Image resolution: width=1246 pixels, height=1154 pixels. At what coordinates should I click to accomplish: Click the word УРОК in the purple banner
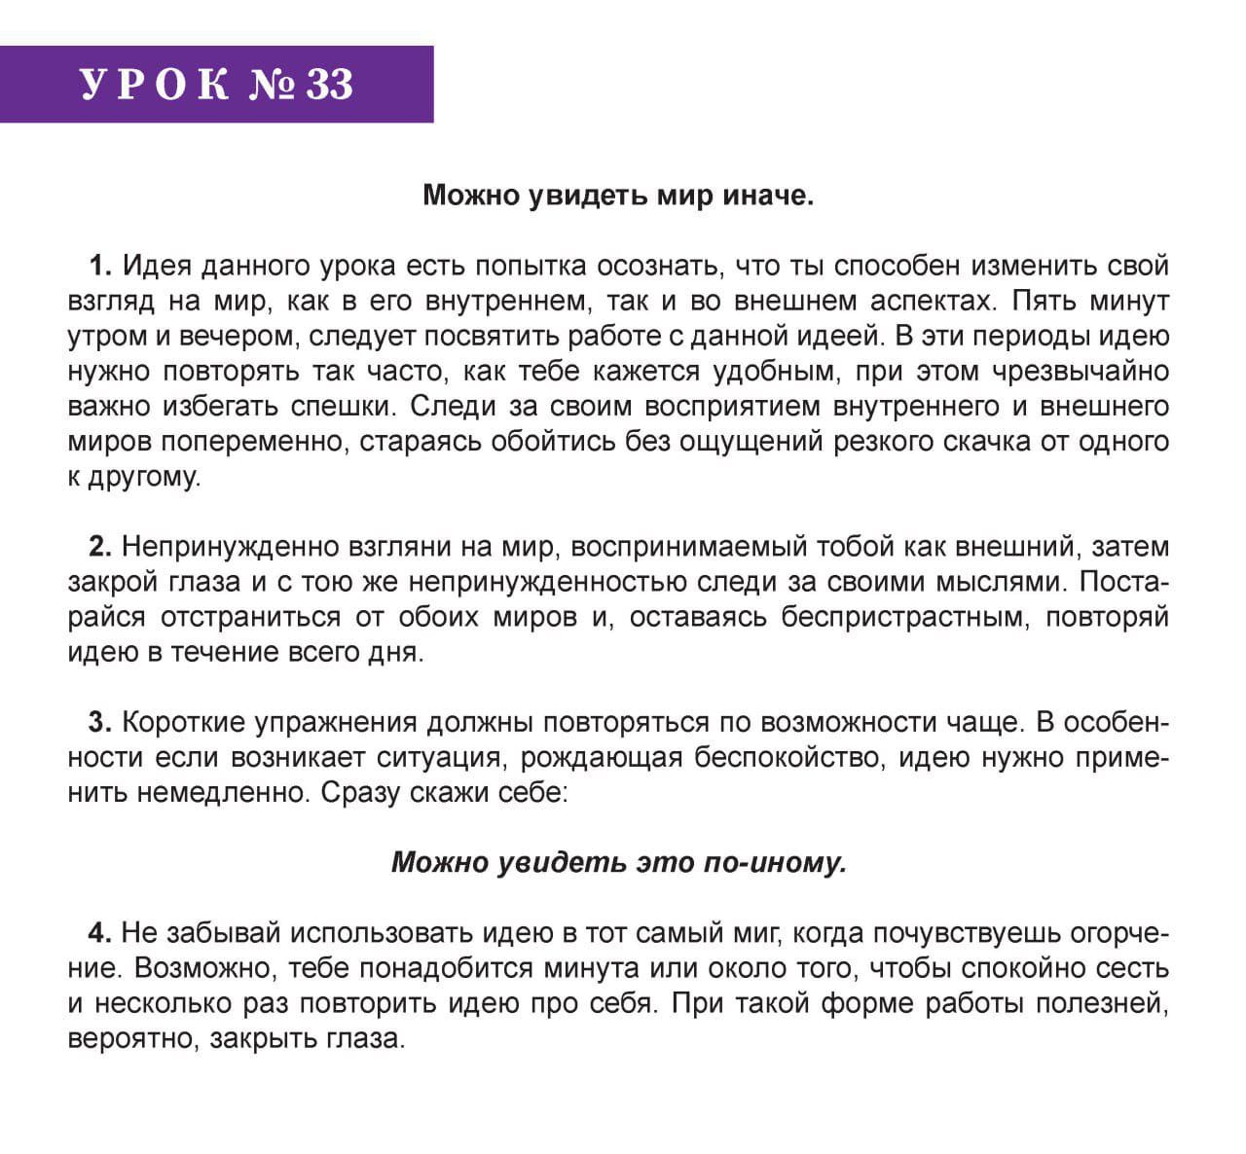click(x=155, y=85)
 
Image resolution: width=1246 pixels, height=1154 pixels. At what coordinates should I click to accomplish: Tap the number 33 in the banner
click(x=330, y=85)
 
